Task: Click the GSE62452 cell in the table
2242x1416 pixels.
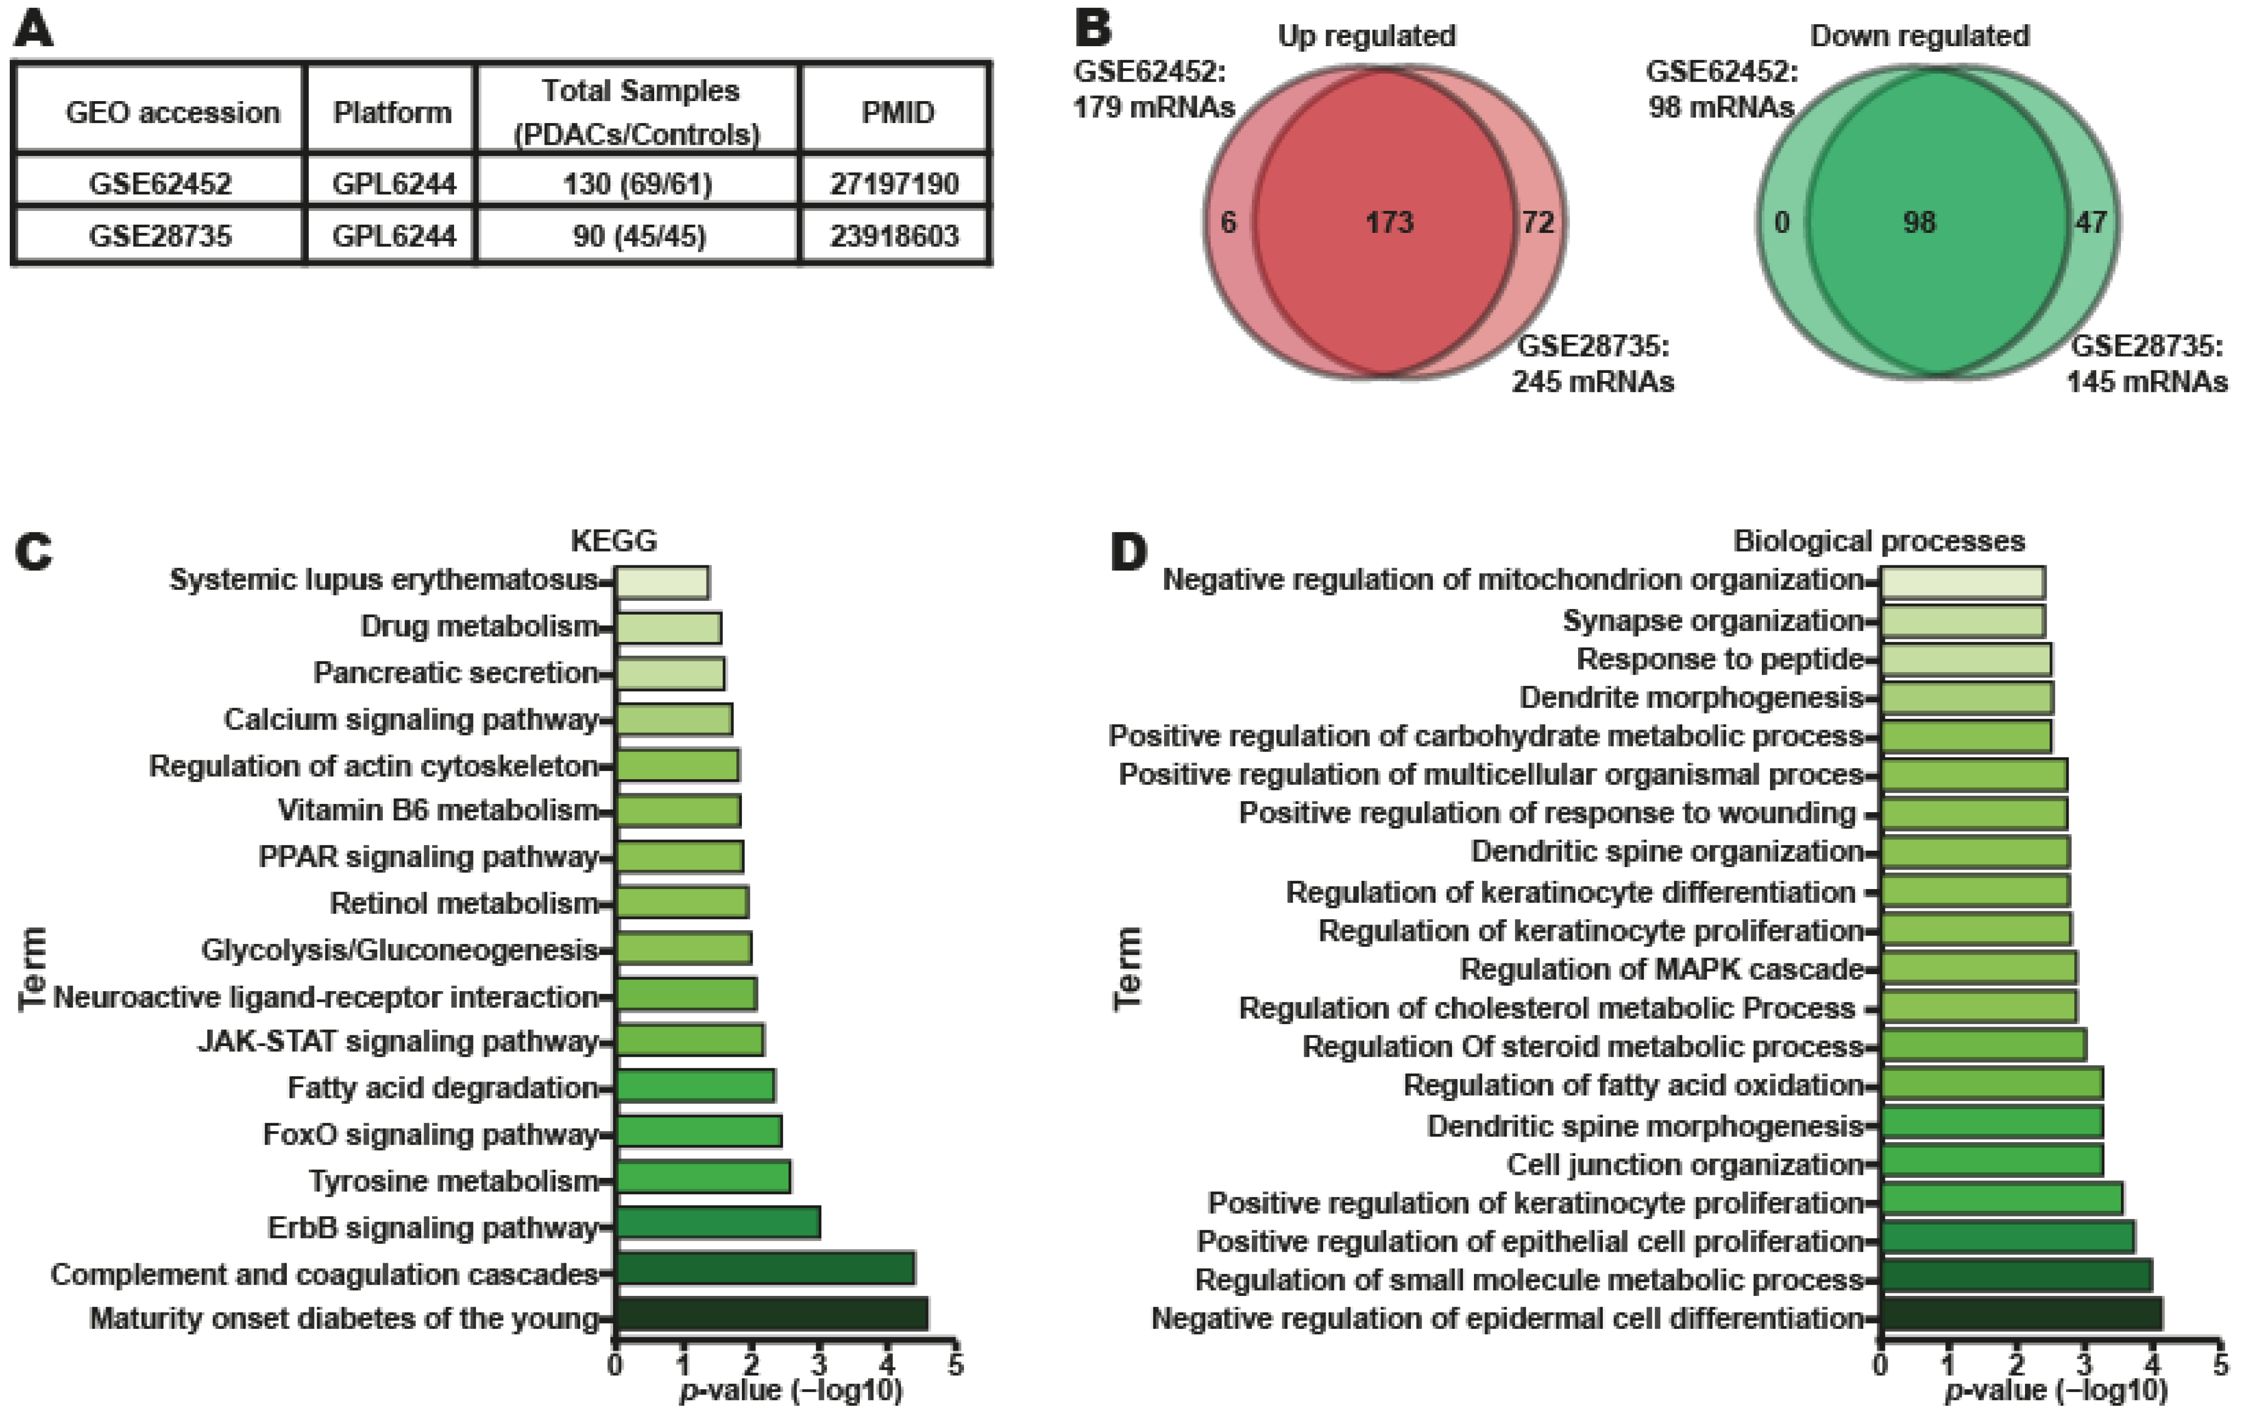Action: (x=160, y=183)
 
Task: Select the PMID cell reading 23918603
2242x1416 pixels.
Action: (x=894, y=235)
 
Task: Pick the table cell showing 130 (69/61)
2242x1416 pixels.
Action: (x=638, y=183)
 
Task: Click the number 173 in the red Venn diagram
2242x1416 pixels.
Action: (x=1389, y=223)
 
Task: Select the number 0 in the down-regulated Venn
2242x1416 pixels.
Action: (x=1781, y=223)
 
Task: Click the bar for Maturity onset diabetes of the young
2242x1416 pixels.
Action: (x=771, y=1318)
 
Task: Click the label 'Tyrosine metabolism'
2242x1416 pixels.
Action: (x=454, y=1181)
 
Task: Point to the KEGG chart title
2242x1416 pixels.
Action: (x=614, y=540)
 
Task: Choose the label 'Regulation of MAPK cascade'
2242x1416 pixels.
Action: (x=1661, y=969)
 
